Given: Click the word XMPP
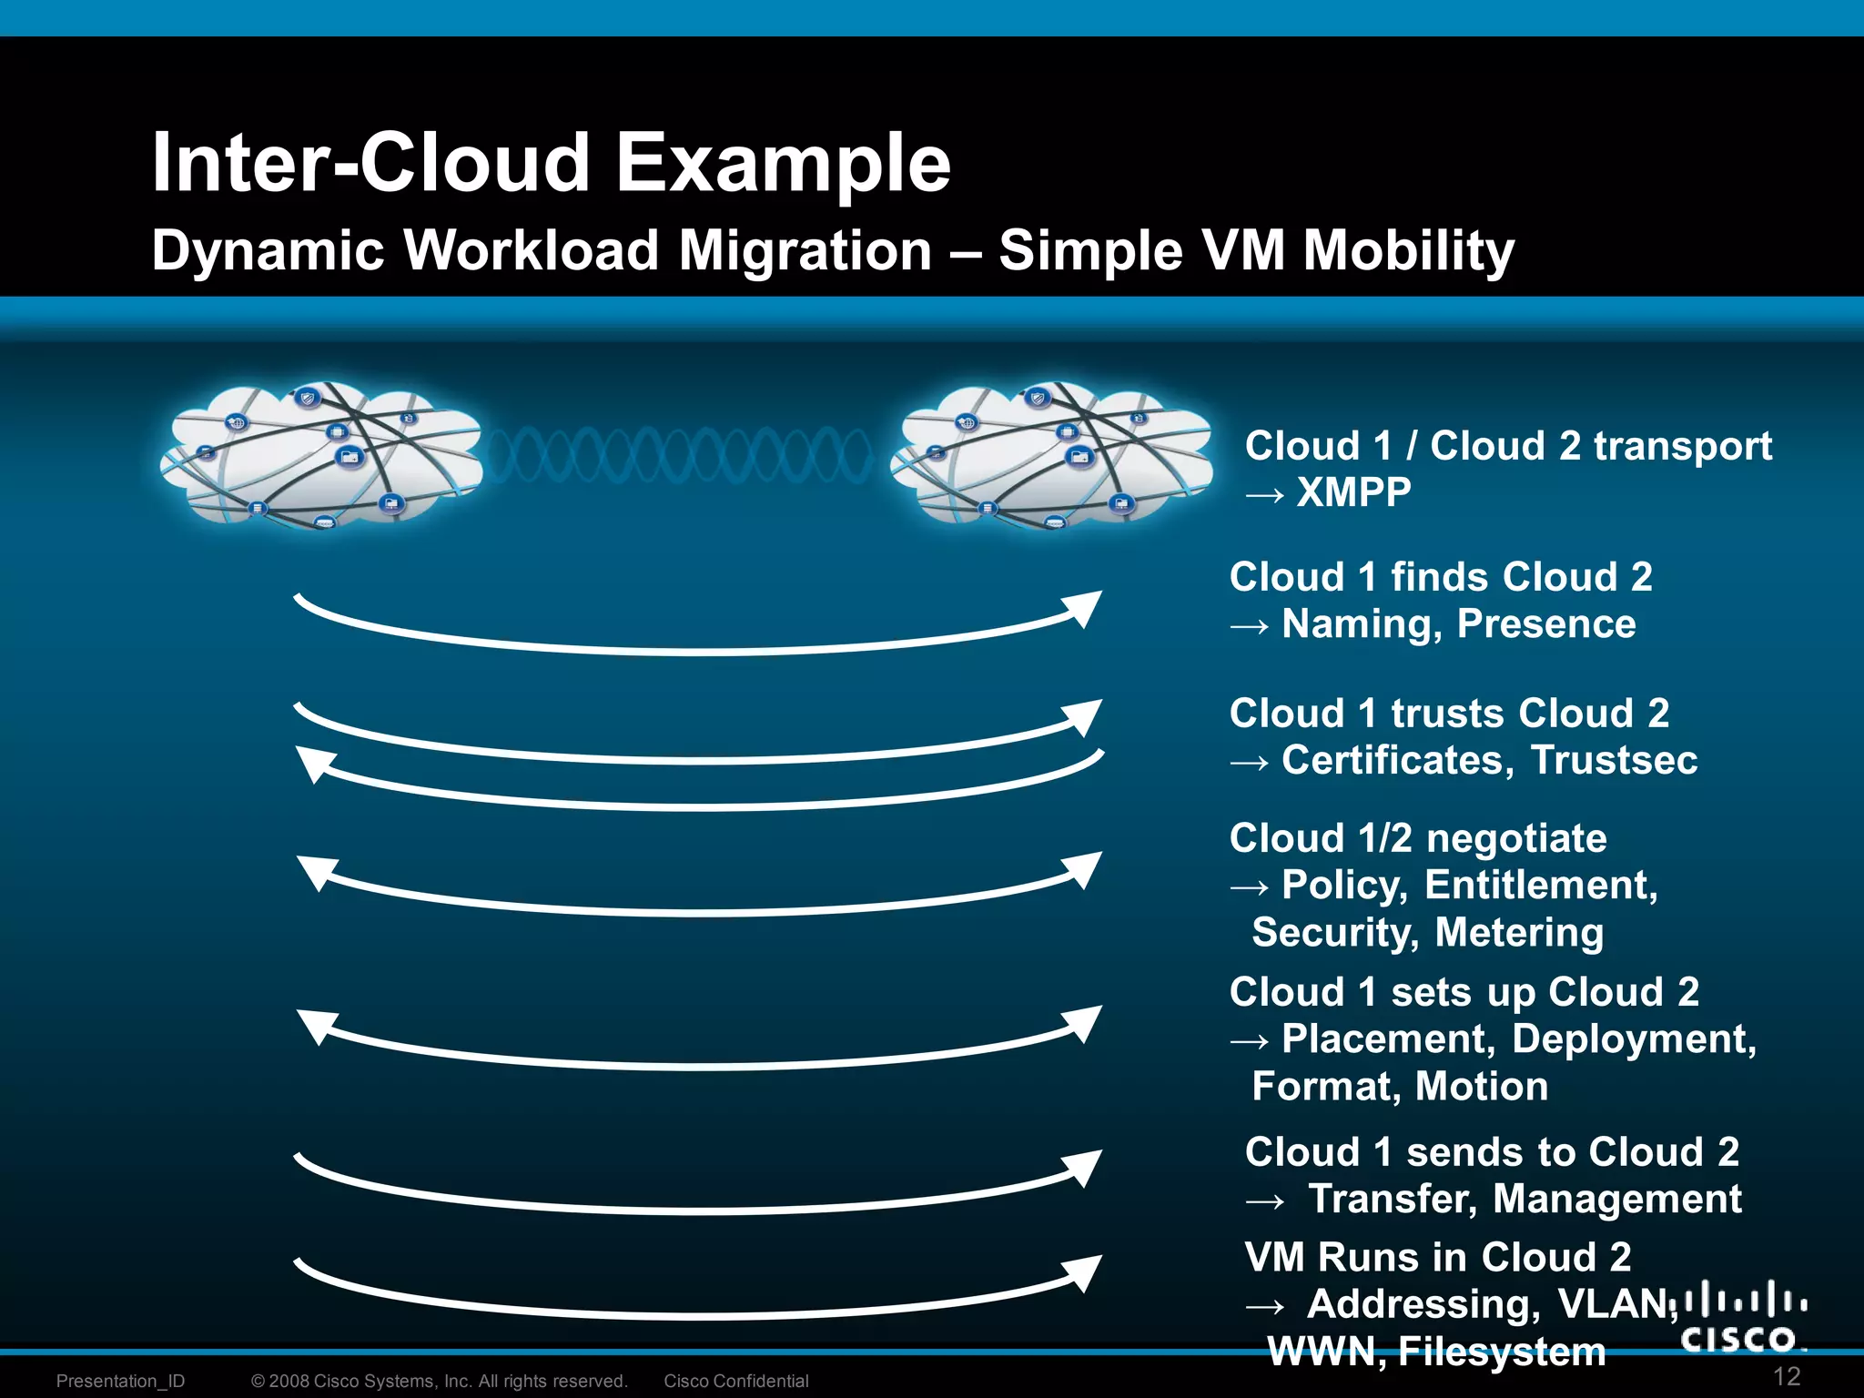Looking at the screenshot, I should tap(1353, 492).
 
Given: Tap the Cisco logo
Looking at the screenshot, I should tap(1743, 1317).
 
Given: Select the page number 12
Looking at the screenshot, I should tap(1787, 1376).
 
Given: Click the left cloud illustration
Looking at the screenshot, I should tap(320, 455).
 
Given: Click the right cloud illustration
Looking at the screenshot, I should tap(1052, 455).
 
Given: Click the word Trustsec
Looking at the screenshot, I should tap(1614, 760).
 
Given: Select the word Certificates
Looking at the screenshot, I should tap(1397, 760).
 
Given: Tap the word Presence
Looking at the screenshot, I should tap(1545, 624).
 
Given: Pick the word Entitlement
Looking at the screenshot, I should tap(1541, 886).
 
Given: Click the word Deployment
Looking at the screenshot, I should tap(1634, 1039).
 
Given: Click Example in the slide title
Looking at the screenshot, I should tap(783, 164).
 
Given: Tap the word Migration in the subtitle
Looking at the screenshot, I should tap(805, 250).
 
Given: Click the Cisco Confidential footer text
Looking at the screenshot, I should tap(735, 1381).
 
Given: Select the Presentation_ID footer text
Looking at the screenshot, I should tap(120, 1381).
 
